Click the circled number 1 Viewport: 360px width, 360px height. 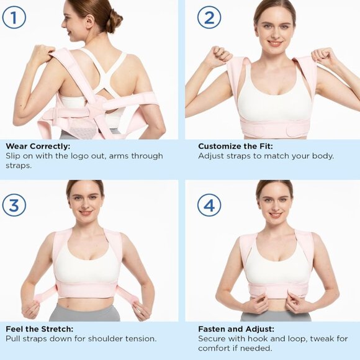14,17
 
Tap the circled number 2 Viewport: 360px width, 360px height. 209,17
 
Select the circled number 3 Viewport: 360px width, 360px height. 14,204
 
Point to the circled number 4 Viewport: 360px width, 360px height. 209,204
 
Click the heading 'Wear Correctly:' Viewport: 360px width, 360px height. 38,146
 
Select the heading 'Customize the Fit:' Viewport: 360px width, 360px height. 236,146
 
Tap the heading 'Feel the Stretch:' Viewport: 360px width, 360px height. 40,329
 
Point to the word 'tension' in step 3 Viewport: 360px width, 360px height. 140,338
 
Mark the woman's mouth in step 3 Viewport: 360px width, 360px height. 86,212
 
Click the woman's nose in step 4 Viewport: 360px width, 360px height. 275,204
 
